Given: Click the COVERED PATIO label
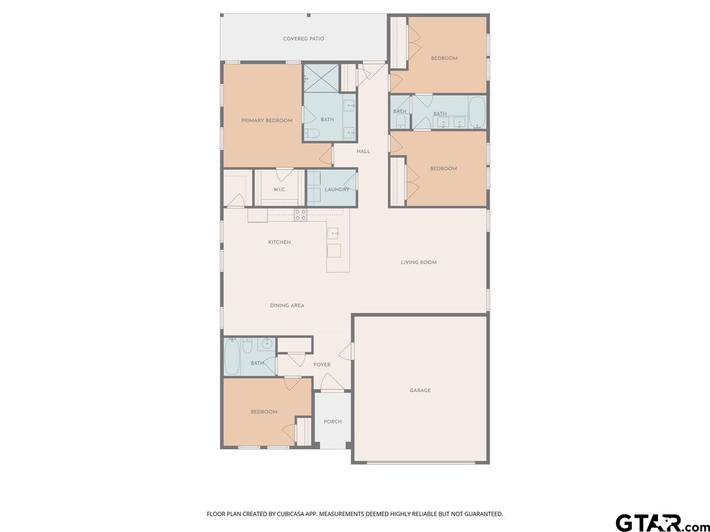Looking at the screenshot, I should pyautogui.click(x=303, y=39).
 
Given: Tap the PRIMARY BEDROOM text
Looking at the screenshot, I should pyautogui.click(x=267, y=121).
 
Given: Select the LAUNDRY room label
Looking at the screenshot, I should pyautogui.click(x=337, y=189).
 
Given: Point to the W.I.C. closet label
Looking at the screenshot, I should pyautogui.click(x=280, y=189).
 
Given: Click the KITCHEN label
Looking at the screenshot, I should pyautogui.click(x=279, y=242).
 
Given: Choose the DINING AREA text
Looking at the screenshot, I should pyautogui.click(x=287, y=306).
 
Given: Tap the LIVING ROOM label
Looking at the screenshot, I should pyautogui.click(x=418, y=262).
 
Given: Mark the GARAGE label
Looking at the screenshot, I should pyautogui.click(x=420, y=390).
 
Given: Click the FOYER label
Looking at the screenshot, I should pyautogui.click(x=322, y=365).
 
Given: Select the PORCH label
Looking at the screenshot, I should pyautogui.click(x=333, y=421).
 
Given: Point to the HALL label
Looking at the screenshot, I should pyautogui.click(x=363, y=151).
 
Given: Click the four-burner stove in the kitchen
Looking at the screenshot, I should pyautogui.click(x=301, y=215).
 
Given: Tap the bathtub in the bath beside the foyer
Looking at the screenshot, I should pyautogui.click(x=232, y=357).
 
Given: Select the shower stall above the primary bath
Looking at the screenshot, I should pyautogui.click(x=321, y=77).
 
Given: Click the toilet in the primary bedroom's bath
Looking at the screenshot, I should pyautogui.click(x=311, y=134).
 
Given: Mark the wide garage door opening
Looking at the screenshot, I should pyautogui.click(x=420, y=462).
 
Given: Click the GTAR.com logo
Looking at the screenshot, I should pyautogui.click(x=657, y=523).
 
